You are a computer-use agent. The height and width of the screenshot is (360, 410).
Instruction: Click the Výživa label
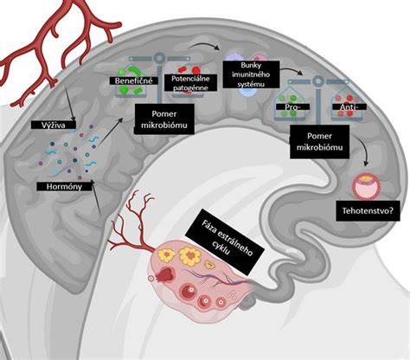[x=54, y=125]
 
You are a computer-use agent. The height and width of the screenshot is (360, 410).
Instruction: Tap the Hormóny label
[x=64, y=187]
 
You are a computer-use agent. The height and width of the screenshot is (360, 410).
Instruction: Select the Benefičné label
[x=133, y=80]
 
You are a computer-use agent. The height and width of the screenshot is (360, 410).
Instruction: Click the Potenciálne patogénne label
[x=190, y=83]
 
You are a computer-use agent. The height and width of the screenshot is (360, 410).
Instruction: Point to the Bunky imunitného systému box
[x=251, y=74]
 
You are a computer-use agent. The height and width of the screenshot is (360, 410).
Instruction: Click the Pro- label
[x=293, y=107]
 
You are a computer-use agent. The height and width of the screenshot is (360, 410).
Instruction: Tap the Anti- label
[x=349, y=107]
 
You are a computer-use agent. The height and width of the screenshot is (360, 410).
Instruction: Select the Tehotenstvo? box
[x=368, y=211]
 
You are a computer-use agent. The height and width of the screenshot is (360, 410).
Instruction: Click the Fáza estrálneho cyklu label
[x=225, y=239]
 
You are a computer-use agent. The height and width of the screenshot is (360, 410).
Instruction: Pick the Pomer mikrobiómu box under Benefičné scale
[x=164, y=119]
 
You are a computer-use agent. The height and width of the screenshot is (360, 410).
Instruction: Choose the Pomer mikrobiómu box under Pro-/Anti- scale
[x=320, y=142]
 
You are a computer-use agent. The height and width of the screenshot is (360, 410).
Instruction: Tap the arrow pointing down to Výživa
[x=69, y=103]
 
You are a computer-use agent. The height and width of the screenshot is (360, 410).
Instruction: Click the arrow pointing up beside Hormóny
[x=96, y=196]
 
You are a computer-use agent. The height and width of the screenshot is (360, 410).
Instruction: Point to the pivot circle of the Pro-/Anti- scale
[x=317, y=81]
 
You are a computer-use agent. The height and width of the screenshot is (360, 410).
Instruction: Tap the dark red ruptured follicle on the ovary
[x=165, y=274]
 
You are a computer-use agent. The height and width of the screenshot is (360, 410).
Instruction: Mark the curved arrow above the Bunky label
[x=202, y=45]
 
